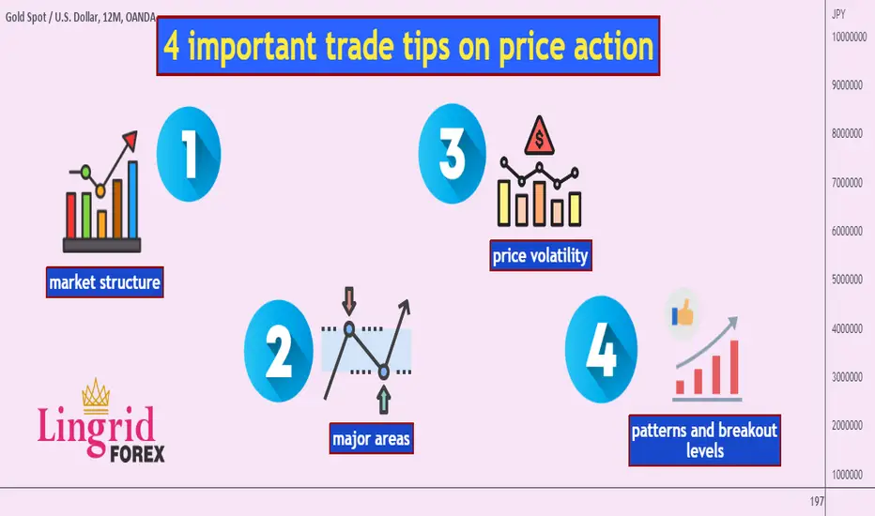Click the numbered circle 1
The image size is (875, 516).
coord(189,154)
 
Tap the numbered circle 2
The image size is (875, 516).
coord(279,351)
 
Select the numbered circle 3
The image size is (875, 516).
coord(452,154)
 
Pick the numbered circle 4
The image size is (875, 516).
coord(601,350)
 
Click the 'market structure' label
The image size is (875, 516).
coord(105,282)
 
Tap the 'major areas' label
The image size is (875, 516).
coord(371,438)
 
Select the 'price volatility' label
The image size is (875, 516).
coord(540,255)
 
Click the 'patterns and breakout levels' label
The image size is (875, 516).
coord(704,440)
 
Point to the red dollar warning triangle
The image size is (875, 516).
coord(539,137)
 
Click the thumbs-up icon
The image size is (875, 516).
coord(682,313)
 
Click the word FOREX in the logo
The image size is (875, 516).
coord(137,454)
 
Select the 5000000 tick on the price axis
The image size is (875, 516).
coord(847,280)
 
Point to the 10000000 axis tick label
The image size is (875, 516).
coord(850,37)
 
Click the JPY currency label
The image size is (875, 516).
coord(838,14)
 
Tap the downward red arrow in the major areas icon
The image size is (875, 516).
coord(349,301)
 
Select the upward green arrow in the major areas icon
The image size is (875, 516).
coord(383,400)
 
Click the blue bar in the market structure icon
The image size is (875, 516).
coord(132,200)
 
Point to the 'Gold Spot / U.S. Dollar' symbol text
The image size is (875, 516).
coord(52,17)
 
